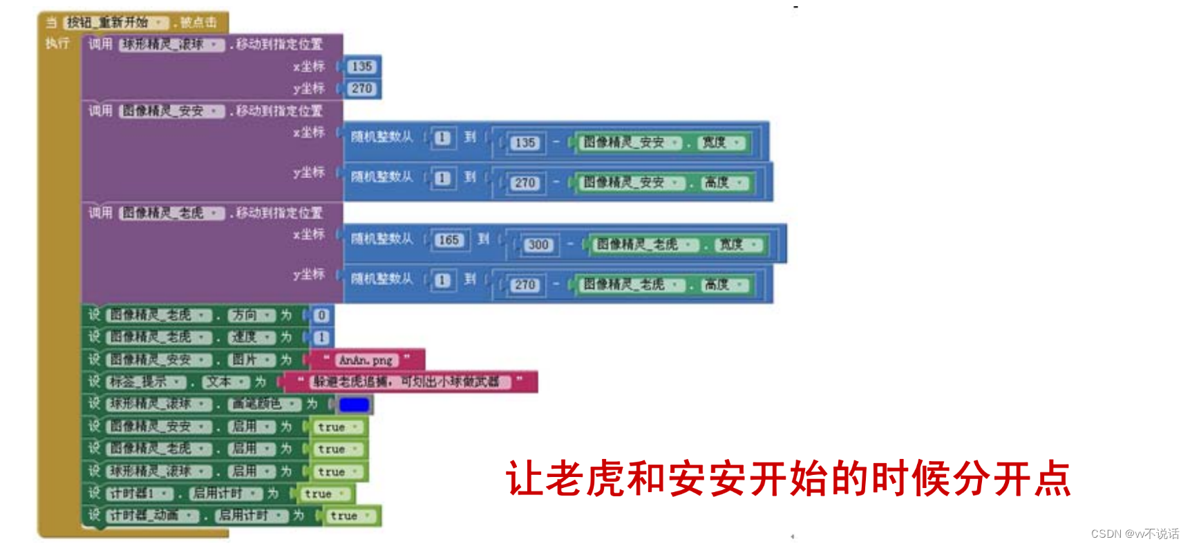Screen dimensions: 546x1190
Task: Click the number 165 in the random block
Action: pyautogui.click(x=448, y=240)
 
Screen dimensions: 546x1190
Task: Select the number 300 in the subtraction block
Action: pyautogui.click(x=538, y=244)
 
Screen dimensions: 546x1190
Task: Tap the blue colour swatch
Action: pyautogui.click(x=354, y=404)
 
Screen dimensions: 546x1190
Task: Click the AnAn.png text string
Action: pyautogui.click(x=366, y=360)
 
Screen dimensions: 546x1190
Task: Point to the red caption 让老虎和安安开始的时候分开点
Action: pyautogui.click(x=788, y=478)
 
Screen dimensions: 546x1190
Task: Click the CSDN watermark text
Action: pyautogui.click(x=1135, y=534)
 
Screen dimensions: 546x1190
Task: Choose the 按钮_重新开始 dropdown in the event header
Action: pyautogui.click(x=116, y=22)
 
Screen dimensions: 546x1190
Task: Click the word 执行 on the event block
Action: pyautogui.click(x=57, y=43)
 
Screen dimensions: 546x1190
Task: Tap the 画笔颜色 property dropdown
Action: pyautogui.click(x=264, y=404)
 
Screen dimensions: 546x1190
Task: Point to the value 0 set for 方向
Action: pyautogui.click(x=321, y=315)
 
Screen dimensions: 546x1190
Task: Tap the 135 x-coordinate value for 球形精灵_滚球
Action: pyautogui.click(x=361, y=66)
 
